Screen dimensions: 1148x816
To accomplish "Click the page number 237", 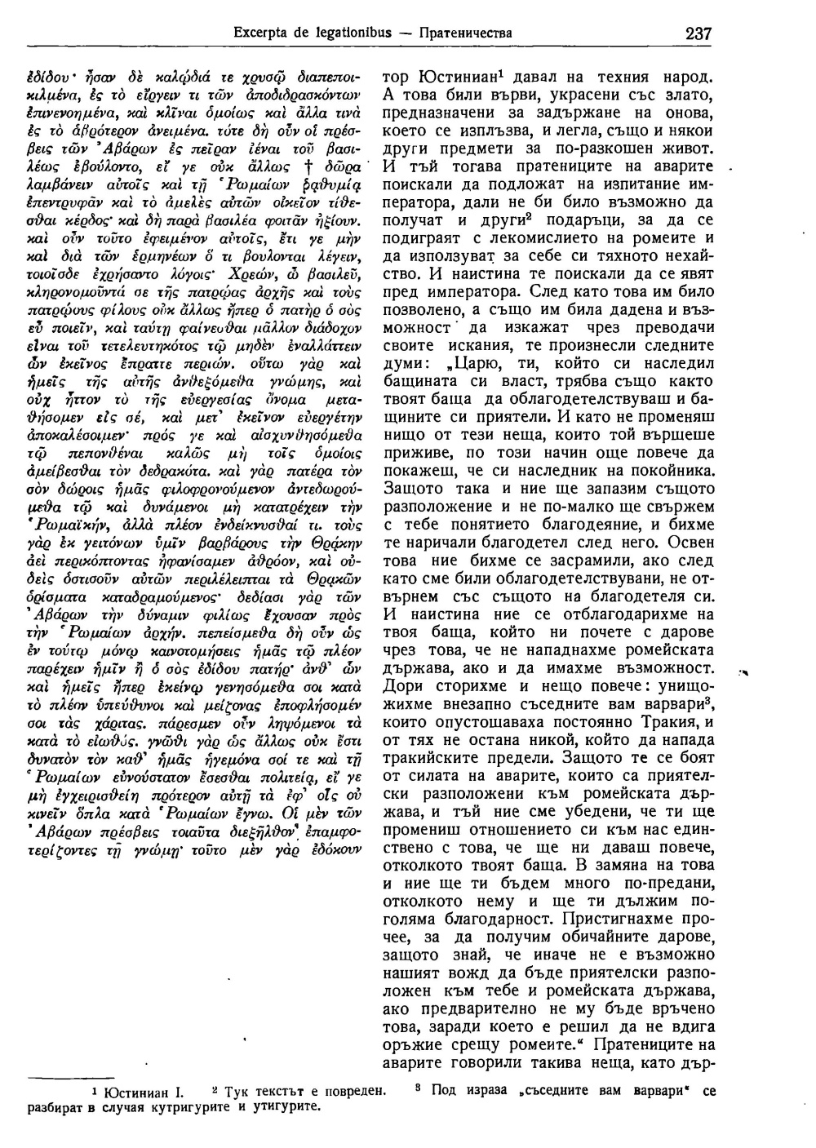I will (699, 33).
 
